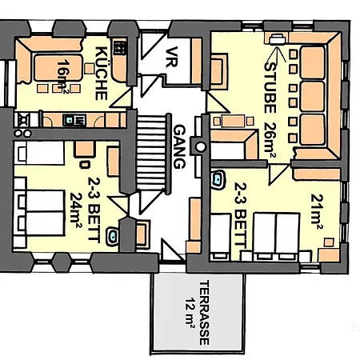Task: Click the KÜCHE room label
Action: coord(102,73)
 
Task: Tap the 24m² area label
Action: coord(78,210)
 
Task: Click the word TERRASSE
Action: coord(204,312)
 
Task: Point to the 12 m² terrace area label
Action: coord(190,312)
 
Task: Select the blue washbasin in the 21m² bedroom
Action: coord(218,179)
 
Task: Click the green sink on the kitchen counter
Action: coord(72,120)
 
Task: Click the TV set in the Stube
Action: coord(277,38)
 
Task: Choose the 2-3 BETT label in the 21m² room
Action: coord(240,214)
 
